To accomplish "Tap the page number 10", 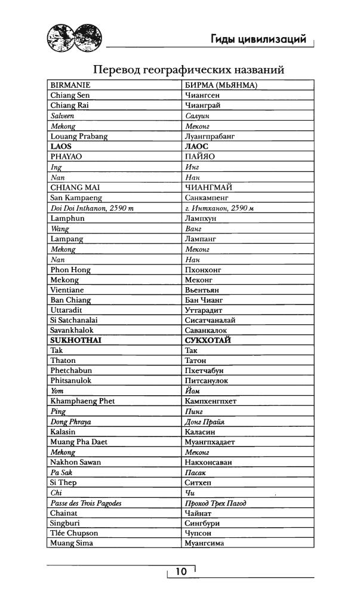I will pos(181,571).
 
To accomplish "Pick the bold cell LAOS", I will pos(61,146).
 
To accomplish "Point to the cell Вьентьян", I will pos(204,290).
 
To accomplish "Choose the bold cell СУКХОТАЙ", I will pos(208,340).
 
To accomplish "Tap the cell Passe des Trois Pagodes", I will pos(86,503).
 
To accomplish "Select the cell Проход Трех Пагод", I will pos(216,503).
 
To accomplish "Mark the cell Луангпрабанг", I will pos(211,136).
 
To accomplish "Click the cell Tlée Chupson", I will pos(74,533).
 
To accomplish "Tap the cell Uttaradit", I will pos(66,310).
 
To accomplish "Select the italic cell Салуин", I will pos(198,116).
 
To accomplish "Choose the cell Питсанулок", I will pos(207,380).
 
